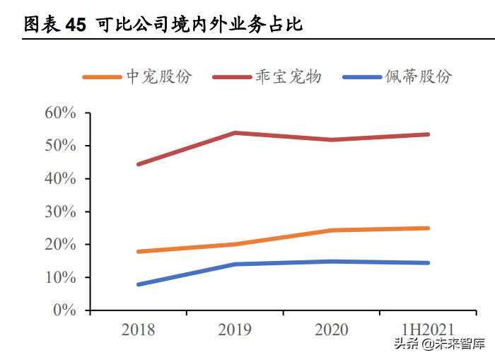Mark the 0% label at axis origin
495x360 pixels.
tap(64, 310)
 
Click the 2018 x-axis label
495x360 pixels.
tap(139, 330)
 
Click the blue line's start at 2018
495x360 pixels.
tap(139, 284)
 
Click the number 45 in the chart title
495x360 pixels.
tap(75, 25)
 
